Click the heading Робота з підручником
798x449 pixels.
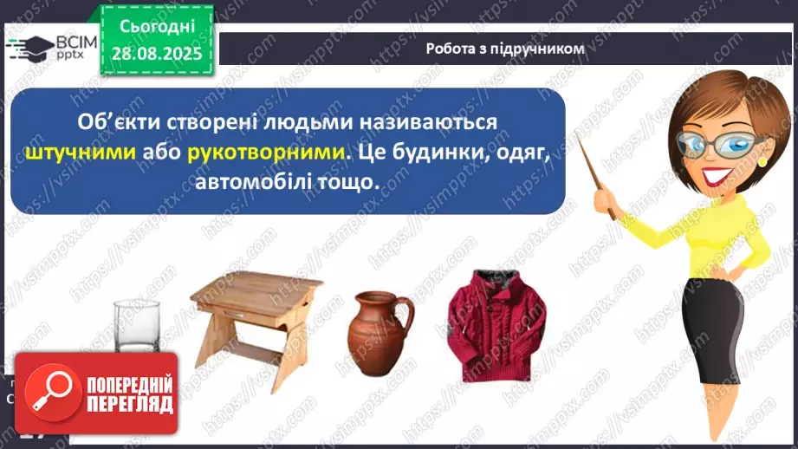[x=505, y=49]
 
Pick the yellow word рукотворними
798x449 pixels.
[x=261, y=153]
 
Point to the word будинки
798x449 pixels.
[x=435, y=153]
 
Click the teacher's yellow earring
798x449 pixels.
[x=762, y=160]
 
